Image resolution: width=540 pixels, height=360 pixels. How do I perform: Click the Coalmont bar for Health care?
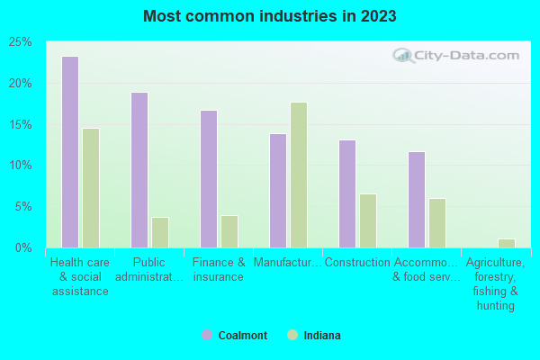tap(69, 152)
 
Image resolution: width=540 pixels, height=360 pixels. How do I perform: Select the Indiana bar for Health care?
tap(90, 188)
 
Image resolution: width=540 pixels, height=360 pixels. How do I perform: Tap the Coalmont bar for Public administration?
tap(139, 170)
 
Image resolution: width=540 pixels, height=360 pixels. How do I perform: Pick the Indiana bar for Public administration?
tap(159, 232)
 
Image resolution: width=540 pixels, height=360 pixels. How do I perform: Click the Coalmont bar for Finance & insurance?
tap(208, 179)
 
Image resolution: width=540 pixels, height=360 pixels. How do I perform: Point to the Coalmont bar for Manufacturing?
tap(277, 191)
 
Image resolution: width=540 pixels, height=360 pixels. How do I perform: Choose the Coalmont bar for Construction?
tap(346, 193)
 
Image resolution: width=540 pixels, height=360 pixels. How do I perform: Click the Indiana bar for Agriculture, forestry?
tap(506, 243)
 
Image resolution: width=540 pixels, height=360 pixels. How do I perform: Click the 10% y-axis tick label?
tap(19, 166)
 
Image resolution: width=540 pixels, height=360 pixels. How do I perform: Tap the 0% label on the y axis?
tap(22, 247)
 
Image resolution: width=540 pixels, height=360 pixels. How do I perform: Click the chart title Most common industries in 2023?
tap(269, 16)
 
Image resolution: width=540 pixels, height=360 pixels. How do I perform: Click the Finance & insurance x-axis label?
tap(218, 270)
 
